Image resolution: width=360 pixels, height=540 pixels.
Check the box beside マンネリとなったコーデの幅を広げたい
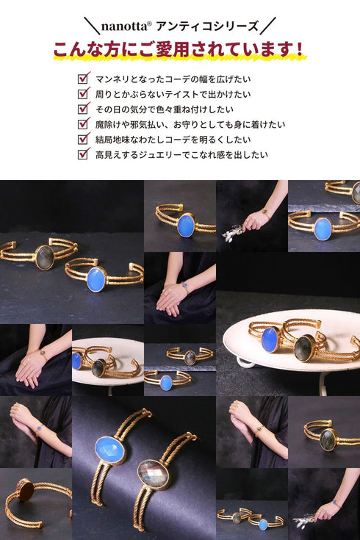click(84, 78)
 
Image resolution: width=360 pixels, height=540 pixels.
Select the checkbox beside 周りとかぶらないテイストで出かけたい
click(84, 93)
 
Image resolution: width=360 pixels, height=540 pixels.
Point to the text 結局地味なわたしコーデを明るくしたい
click(176, 139)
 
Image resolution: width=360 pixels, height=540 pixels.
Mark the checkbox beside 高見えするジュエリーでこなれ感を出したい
click(84, 154)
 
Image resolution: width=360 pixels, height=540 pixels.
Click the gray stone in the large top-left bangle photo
click(46, 257)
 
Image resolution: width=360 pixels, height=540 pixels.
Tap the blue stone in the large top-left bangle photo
click(96, 279)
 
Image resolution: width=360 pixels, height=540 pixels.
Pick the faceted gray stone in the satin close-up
click(153, 474)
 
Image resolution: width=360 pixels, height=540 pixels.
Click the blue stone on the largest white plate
click(270, 339)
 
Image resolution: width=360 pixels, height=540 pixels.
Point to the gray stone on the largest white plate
click(305, 348)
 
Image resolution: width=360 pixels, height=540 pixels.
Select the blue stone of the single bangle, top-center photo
click(186, 226)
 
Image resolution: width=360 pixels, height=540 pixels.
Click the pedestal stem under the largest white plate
click(321, 383)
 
